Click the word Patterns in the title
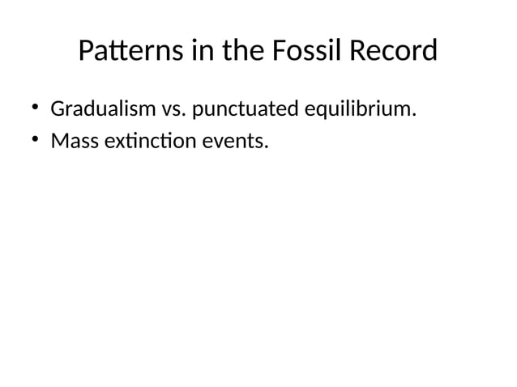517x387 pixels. point(130,53)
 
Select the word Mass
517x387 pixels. point(70,142)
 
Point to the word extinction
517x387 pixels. point(143,142)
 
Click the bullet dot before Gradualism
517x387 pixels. point(35,108)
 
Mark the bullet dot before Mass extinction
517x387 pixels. point(35,141)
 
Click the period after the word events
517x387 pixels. point(265,147)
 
